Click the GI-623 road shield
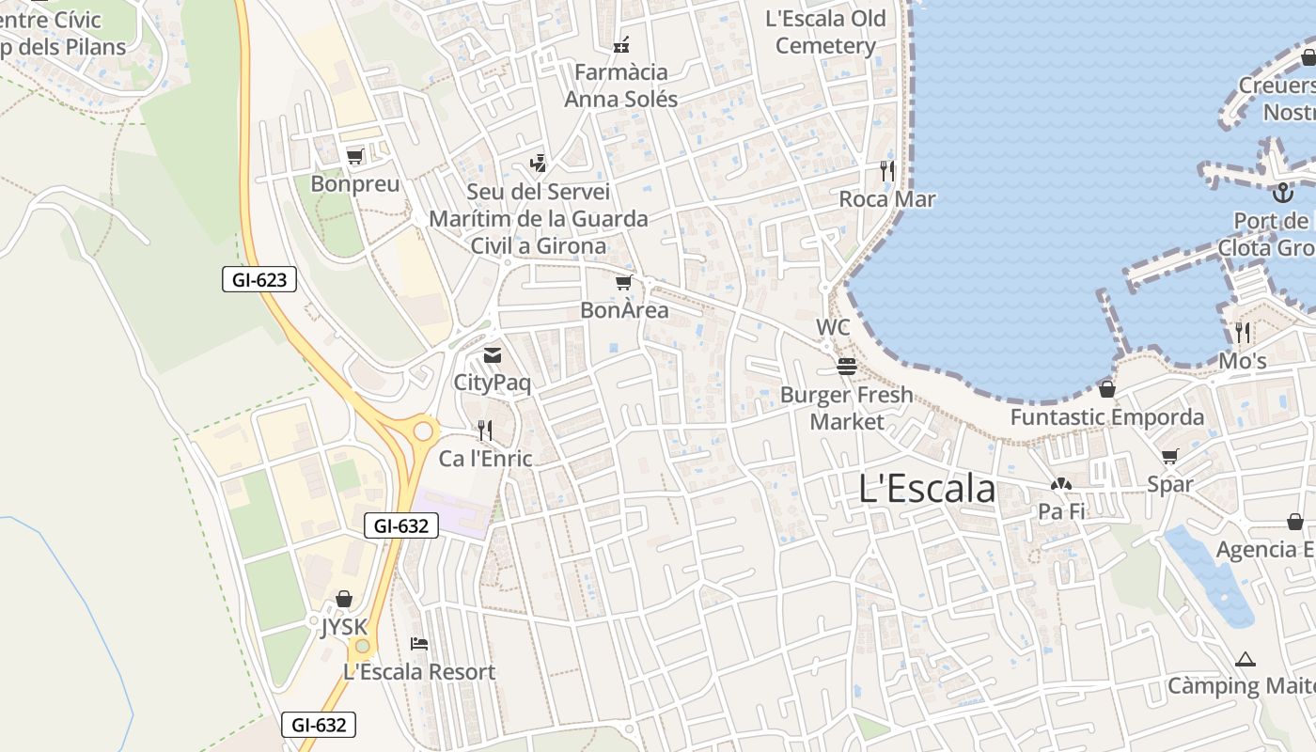(x=259, y=278)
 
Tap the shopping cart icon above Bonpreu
(x=354, y=156)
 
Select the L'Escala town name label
(x=927, y=489)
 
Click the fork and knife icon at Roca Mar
(x=886, y=170)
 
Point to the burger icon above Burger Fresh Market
(x=847, y=366)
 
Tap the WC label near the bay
(x=833, y=327)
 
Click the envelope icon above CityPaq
(x=492, y=355)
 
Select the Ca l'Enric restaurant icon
(x=485, y=431)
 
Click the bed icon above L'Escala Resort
(x=419, y=644)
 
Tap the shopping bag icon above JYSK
(x=344, y=599)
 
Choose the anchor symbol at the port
(x=1282, y=193)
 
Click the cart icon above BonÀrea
(x=623, y=282)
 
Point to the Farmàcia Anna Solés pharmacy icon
(x=620, y=43)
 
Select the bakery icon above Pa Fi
(x=1061, y=484)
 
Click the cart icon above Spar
(x=1169, y=457)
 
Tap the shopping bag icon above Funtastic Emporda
(x=1107, y=388)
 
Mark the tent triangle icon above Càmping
(x=1245, y=659)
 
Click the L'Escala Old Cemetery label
(x=825, y=32)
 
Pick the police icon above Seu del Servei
(x=538, y=164)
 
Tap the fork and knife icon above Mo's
(x=1243, y=332)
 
